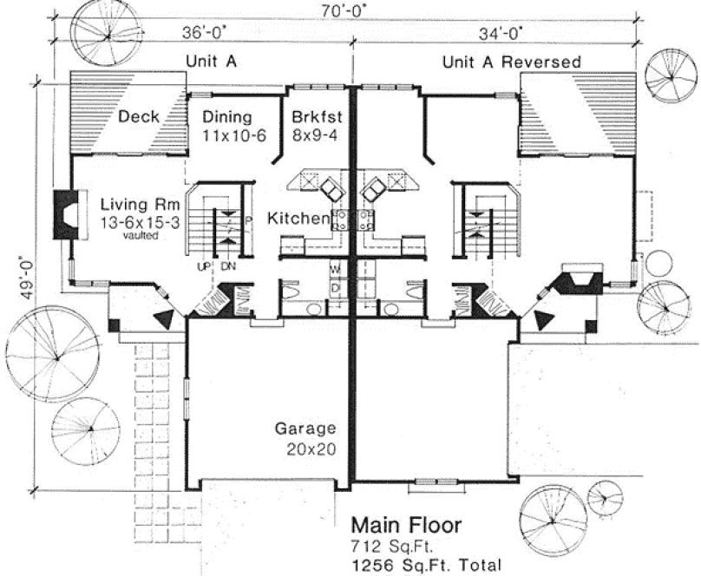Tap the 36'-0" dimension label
(x=202, y=33)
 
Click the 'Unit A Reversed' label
(x=511, y=62)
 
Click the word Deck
(x=137, y=118)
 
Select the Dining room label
(x=226, y=117)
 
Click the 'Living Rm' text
(x=139, y=205)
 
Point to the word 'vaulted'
(x=140, y=234)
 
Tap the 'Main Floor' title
(x=406, y=526)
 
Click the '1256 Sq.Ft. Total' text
(x=424, y=562)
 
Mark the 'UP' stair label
(x=204, y=266)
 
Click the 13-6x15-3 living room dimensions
(x=139, y=222)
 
